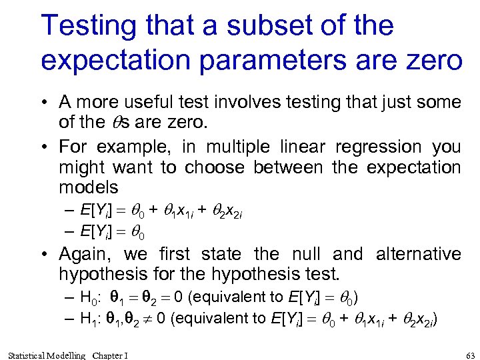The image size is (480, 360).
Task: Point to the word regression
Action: point(378,147)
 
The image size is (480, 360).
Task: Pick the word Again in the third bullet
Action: point(83,254)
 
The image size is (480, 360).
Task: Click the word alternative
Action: point(419,254)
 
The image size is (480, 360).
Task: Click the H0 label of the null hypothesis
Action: point(89,297)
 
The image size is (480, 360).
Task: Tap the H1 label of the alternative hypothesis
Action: point(89,318)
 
